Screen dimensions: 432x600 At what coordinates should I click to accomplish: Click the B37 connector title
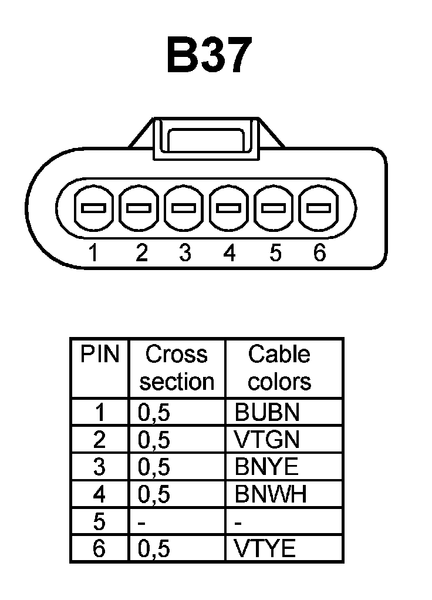click(208, 56)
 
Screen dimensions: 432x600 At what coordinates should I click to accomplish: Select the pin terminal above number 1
click(93, 208)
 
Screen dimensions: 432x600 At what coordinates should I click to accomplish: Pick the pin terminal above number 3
click(184, 208)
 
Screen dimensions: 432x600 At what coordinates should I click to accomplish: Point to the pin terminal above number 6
click(319, 208)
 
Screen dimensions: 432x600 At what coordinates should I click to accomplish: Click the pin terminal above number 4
click(230, 208)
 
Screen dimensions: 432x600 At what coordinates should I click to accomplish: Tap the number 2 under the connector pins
click(141, 253)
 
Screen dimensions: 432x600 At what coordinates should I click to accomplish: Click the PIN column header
click(99, 355)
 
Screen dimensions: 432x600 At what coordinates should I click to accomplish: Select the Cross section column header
click(177, 368)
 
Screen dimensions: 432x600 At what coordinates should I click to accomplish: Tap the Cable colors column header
click(279, 368)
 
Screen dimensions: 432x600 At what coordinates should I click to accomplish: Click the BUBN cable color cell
click(267, 413)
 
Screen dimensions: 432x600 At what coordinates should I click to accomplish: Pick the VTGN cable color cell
click(267, 440)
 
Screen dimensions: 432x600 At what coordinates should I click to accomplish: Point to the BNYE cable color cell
click(266, 467)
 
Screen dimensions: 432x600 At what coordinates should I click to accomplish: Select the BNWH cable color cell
click(271, 494)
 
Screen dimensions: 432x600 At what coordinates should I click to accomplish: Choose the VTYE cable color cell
click(265, 549)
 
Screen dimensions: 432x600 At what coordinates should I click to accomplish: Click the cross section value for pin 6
click(154, 549)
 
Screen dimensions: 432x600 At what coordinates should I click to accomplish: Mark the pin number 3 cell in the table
click(99, 467)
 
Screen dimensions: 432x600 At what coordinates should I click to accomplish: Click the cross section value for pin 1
click(154, 413)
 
